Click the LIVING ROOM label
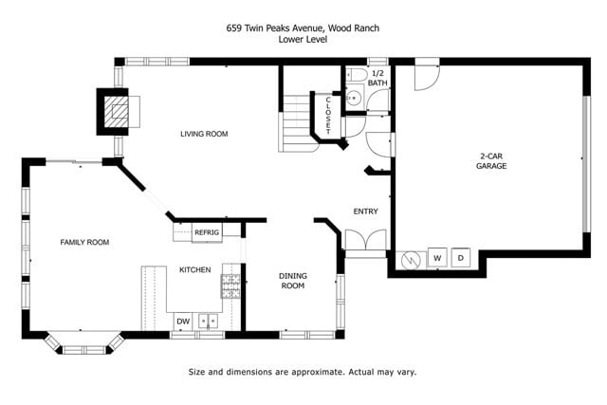click(x=204, y=134)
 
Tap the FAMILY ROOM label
click(x=84, y=243)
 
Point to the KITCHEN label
click(x=194, y=270)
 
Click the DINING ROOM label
click(x=292, y=281)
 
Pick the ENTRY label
click(x=365, y=212)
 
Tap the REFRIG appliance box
click(x=206, y=232)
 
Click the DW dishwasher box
click(x=182, y=322)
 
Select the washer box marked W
click(x=437, y=258)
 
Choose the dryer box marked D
click(x=462, y=258)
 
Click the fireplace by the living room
click(x=117, y=111)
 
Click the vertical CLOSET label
click(x=329, y=114)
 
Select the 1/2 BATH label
click(x=377, y=78)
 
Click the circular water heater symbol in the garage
click(x=413, y=259)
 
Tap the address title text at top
click(x=303, y=28)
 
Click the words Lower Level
click(x=303, y=39)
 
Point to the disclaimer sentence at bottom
click(x=303, y=372)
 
